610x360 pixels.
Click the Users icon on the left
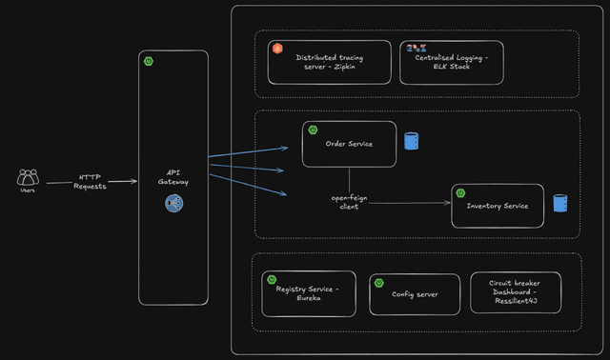(29, 177)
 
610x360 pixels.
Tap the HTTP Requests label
(91, 181)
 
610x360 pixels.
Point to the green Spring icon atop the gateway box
(148, 61)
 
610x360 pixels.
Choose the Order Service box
(349, 144)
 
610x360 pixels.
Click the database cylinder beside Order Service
(411, 141)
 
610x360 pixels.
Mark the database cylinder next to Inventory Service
(559, 203)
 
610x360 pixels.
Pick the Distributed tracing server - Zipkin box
(329, 62)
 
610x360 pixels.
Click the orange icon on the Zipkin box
(277, 48)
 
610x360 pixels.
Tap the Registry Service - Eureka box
(308, 293)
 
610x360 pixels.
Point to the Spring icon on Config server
(378, 283)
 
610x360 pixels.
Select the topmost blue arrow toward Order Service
(248, 150)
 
